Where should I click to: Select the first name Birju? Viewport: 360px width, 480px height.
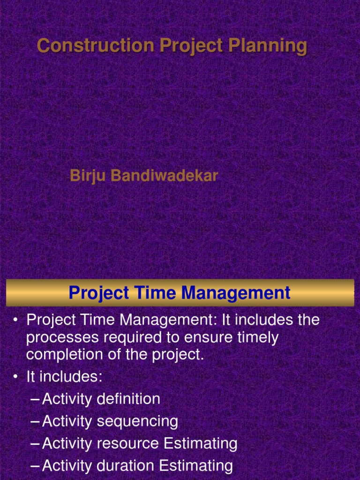point(83,176)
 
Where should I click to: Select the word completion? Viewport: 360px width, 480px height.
point(63,354)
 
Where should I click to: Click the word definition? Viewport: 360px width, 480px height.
point(128,399)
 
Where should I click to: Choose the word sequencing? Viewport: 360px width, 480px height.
point(137,421)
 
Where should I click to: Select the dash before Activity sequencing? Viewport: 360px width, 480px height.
point(35,421)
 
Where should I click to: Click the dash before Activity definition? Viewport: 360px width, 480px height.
point(35,399)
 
